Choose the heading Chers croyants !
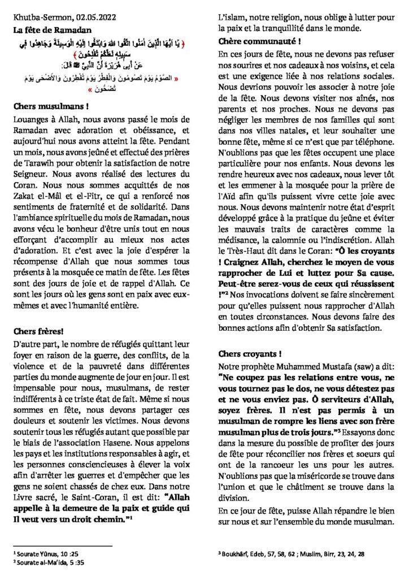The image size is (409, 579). pyautogui.click(x=241, y=354)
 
